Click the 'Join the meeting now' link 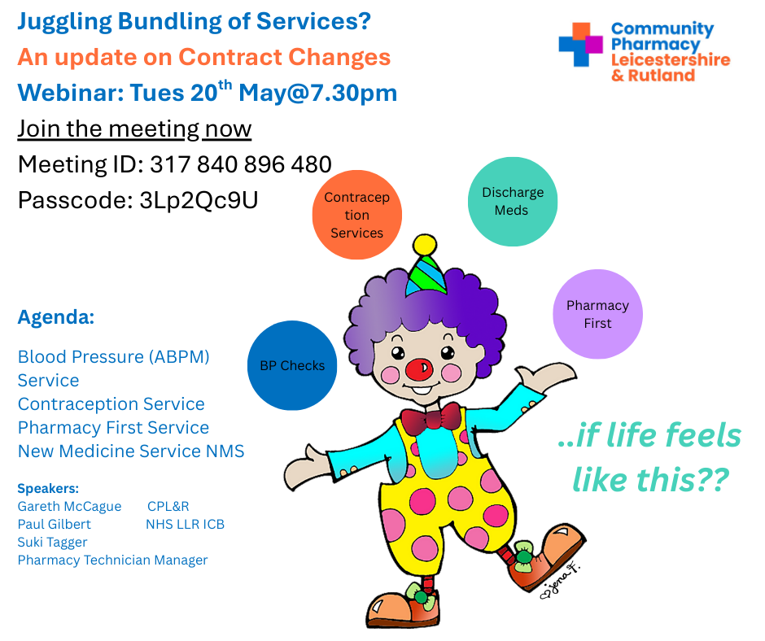click(134, 129)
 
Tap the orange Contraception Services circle click(357, 215)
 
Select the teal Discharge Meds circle click(512, 202)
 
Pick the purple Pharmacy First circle click(597, 314)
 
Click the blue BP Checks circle click(292, 365)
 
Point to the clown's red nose click(418, 370)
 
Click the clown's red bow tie click(431, 418)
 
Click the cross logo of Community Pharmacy click(580, 45)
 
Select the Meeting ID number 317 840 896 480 click(241, 164)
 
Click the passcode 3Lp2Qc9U click(199, 200)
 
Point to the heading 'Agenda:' click(56, 317)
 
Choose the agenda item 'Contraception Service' click(111, 404)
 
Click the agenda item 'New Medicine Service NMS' click(131, 451)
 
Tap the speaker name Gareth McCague click(69, 506)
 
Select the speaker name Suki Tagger click(52, 542)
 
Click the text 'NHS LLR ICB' click(185, 525)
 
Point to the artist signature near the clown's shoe click(561, 582)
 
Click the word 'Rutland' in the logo click(661, 76)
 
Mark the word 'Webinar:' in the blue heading click(71, 93)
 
